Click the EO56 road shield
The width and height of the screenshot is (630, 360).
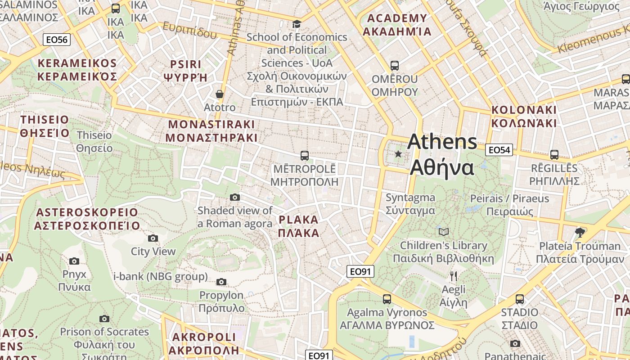pos(57,40)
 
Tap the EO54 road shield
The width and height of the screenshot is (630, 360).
pos(499,150)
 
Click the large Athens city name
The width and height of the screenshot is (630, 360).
pos(442,155)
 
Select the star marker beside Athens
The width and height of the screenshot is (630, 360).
pos(398,154)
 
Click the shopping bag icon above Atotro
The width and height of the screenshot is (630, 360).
pos(220,94)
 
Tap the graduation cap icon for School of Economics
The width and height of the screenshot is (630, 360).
pos(297,24)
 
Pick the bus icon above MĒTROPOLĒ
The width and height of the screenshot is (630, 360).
pos(305,156)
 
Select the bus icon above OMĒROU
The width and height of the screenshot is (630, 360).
pos(395,66)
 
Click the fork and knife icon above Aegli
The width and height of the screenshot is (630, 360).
pos(454,276)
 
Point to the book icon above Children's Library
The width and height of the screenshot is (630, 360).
pos(444,232)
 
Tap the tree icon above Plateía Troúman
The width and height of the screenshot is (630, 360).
pos(580,232)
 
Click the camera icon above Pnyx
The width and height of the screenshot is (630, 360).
pos(74,261)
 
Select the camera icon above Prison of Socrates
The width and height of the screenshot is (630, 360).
pos(104,319)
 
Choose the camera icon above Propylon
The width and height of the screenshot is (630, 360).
pos(221,282)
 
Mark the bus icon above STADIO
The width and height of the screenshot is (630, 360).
pos(520,299)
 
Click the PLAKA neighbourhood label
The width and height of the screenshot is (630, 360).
pos(299,226)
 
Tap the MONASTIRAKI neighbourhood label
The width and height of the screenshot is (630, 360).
pos(211,131)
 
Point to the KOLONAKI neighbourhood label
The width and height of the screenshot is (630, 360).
pos(524,117)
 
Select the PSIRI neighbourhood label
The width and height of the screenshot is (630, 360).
pos(186,71)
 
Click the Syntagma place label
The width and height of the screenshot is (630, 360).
pos(410,204)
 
